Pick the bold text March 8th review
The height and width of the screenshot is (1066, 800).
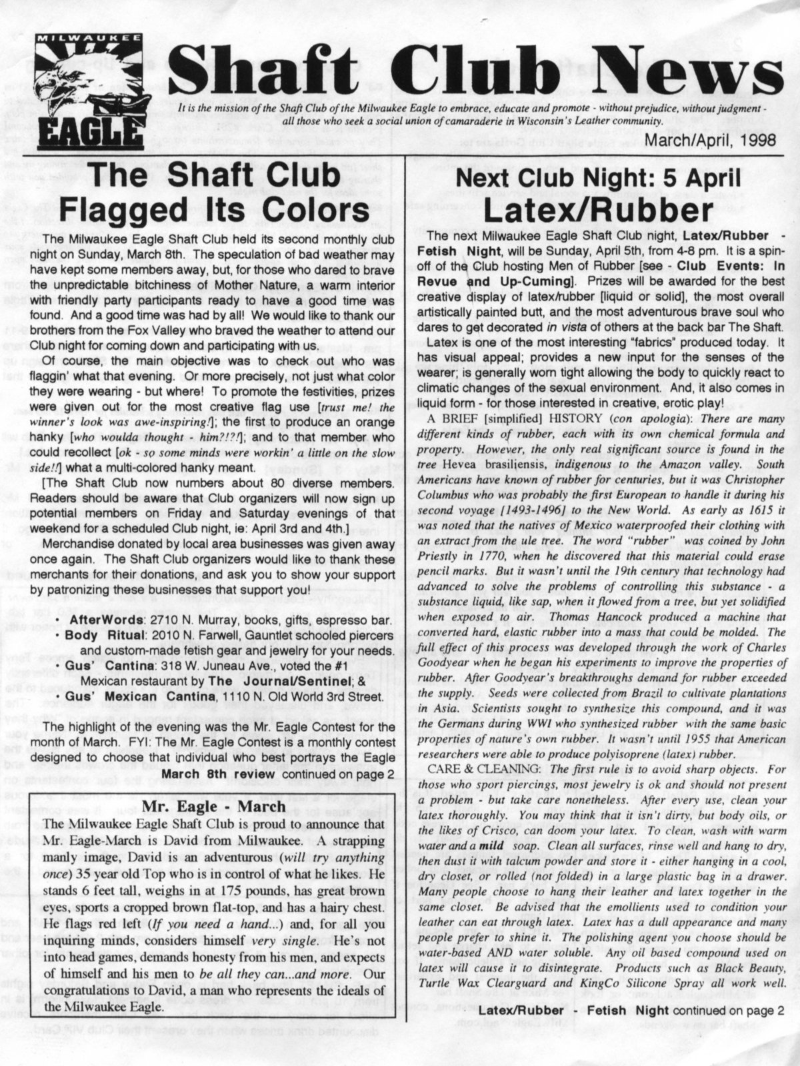pos(218,774)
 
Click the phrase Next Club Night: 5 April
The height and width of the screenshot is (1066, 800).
pos(598,179)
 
